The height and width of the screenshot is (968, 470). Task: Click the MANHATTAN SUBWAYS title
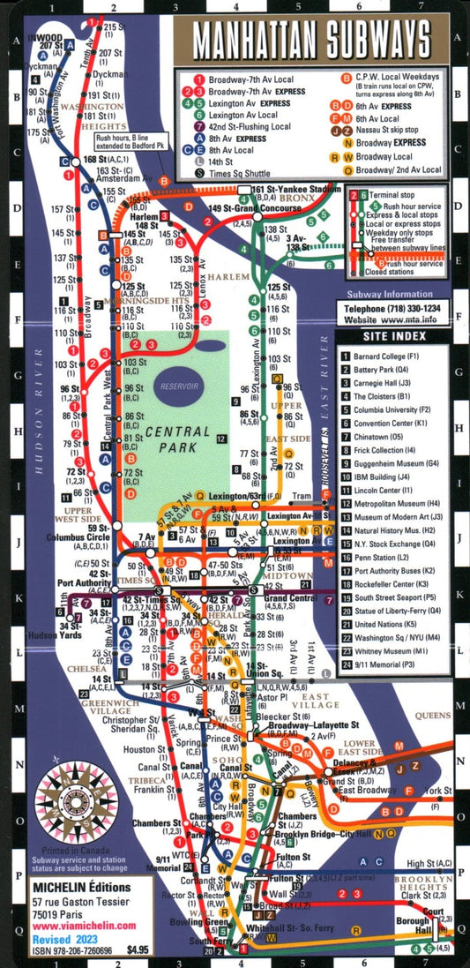tap(311, 41)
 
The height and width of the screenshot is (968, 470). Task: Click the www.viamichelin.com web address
tap(84, 926)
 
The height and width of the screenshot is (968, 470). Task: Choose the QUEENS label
tap(434, 716)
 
